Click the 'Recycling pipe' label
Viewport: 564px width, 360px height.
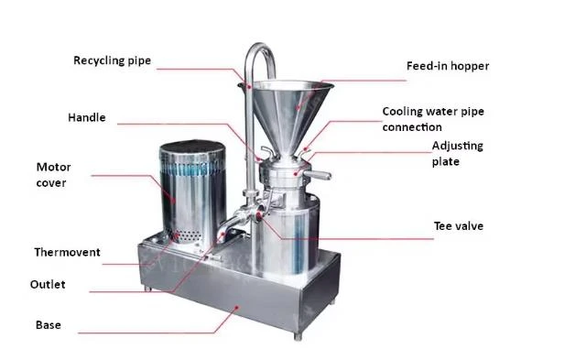point(112,60)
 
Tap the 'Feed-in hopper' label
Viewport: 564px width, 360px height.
point(448,66)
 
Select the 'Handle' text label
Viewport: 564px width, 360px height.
point(87,117)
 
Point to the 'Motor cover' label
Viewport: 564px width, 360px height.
point(53,175)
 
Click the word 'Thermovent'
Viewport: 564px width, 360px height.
point(67,252)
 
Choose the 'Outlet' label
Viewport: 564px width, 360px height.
point(48,284)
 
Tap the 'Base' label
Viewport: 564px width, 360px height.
point(49,324)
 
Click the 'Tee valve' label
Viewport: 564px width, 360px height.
point(459,225)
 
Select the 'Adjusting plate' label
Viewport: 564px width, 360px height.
point(458,154)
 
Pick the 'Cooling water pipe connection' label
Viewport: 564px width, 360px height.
point(433,119)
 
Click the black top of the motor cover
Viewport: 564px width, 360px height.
point(192,147)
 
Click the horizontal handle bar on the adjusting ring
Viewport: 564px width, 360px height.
point(317,175)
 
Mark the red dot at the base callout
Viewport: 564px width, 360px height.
point(236,308)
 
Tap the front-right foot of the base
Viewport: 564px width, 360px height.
point(298,336)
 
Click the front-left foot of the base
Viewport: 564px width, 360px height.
point(147,288)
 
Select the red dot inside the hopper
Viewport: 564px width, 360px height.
point(298,107)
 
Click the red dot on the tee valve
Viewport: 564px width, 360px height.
point(259,215)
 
